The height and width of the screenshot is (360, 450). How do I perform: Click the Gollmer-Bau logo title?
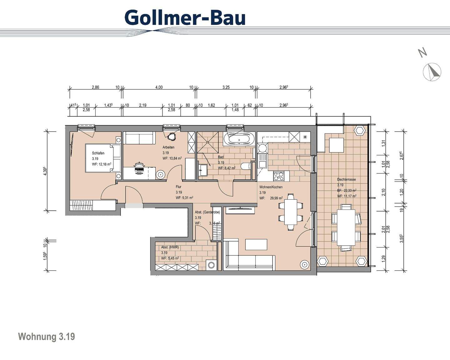(x=185, y=17)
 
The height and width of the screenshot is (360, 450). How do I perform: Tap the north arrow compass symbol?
(x=432, y=72)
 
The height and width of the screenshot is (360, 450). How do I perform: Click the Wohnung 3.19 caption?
(x=47, y=337)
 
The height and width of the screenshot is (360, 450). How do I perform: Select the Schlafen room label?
(x=98, y=153)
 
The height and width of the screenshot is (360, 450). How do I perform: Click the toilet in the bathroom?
(x=247, y=166)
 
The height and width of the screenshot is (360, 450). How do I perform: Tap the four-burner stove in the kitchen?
(x=278, y=177)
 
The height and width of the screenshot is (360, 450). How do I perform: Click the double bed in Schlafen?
(x=102, y=158)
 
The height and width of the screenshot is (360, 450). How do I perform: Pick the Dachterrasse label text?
(x=346, y=180)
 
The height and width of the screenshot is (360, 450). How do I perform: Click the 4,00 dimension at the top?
(x=159, y=87)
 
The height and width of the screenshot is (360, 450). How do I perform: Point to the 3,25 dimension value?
(x=226, y=87)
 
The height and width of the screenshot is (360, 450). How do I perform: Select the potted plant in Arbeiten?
(x=171, y=136)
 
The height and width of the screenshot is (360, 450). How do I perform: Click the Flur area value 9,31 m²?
(x=184, y=198)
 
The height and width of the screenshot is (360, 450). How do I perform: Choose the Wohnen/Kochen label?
(x=271, y=187)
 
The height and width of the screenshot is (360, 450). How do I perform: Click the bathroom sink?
(x=203, y=171)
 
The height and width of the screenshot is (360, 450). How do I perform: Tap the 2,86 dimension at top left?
(x=95, y=87)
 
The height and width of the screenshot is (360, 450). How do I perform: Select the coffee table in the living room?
(x=256, y=244)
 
